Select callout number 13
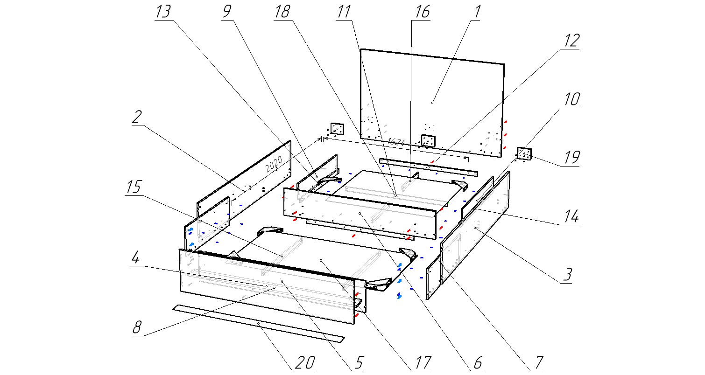[x=163, y=12]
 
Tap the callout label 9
[x=227, y=12]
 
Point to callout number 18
[x=282, y=12]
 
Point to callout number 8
[x=136, y=327]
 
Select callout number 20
[x=303, y=363]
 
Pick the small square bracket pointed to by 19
[x=524, y=154]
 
